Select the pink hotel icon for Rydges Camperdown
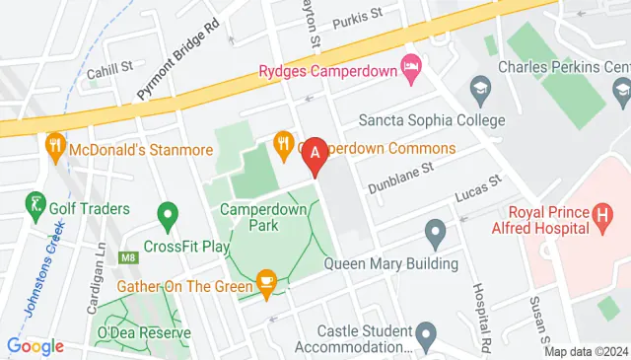(x=411, y=69)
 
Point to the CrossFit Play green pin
(x=168, y=214)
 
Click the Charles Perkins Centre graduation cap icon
(x=481, y=87)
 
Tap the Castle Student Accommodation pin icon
(x=426, y=334)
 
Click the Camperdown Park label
(x=263, y=217)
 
